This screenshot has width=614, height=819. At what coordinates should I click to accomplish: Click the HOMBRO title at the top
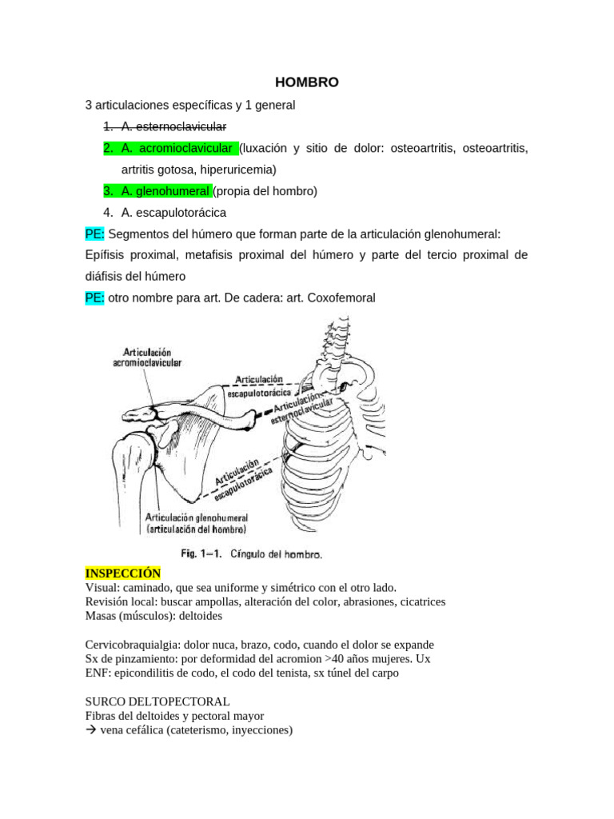[x=307, y=82]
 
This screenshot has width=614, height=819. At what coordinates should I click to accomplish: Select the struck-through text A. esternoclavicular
[x=173, y=126]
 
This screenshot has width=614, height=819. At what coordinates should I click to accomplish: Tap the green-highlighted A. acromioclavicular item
[x=177, y=148]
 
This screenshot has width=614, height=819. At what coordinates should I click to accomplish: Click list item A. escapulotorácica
[x=173, y=213]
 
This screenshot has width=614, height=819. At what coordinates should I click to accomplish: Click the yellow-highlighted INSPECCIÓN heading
[x=122, y=573]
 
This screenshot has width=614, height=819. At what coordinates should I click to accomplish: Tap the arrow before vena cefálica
[x=90, y=730]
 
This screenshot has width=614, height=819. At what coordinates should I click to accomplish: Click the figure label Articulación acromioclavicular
[x=152, y=357]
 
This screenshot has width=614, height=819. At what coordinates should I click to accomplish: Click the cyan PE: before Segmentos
[x=94, y=234]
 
